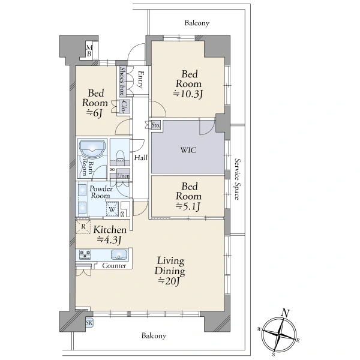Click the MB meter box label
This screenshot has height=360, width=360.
[89, 51]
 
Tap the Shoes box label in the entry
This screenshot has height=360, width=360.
[122, 81]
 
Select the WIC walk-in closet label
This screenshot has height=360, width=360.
[188, 151]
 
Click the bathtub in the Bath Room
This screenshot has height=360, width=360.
[92, 149]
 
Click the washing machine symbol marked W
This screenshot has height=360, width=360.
[112, 209]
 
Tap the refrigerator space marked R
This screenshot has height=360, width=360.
[83, 227]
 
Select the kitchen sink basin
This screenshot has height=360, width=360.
[119, 255]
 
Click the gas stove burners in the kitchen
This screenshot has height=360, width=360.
[85, 254]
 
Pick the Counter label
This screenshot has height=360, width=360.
[114, 266]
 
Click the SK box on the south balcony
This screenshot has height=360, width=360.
[89, 323]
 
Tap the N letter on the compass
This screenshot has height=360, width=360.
[286, 313]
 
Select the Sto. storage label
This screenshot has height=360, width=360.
[156, 125]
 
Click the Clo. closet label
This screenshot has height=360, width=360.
[124, 107]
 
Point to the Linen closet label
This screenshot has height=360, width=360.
[124, 176]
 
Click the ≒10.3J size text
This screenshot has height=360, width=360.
[188, 94]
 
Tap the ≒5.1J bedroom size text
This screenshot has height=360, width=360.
[188, 206]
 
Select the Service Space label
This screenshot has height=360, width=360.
[238, 179]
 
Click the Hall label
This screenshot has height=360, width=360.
[141, 157]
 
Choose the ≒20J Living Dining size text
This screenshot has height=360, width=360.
[169, 281]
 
